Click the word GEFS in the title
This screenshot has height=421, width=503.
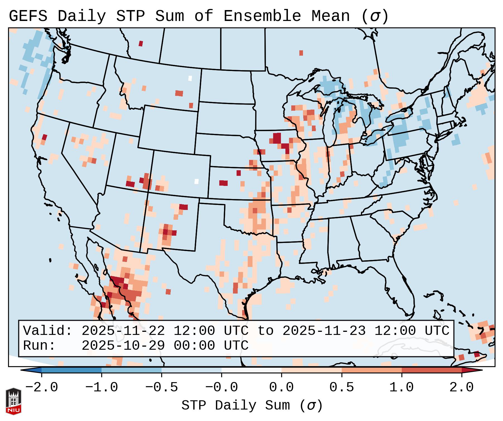[x=28, y=16]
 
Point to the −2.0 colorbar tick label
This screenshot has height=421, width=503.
[x=42, y=387]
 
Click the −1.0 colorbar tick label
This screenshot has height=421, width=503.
[x=102, y=387]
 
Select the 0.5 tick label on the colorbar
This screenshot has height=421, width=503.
[x=341, y=387]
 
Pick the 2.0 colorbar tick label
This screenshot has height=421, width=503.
[x=461, y=387]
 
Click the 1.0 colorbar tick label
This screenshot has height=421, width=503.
[x=401, y=387]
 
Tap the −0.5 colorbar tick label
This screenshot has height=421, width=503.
[x=162, y=387]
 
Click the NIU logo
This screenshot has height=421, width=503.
[x=13, y=401]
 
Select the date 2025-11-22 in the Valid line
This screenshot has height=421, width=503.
[x=123, y=331]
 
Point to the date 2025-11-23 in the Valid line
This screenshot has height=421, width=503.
[x=324, y=331]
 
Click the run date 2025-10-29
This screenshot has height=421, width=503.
[x=123, y=346]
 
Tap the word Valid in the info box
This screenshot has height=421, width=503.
[x=47, y=331]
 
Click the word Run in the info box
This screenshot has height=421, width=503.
[x=39, y=346]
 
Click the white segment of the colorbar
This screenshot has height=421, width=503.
[x=251, y=370]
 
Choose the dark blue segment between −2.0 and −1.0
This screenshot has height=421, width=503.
[x=71, y=370]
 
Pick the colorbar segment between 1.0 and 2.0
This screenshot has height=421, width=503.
[x=432, y=370]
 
